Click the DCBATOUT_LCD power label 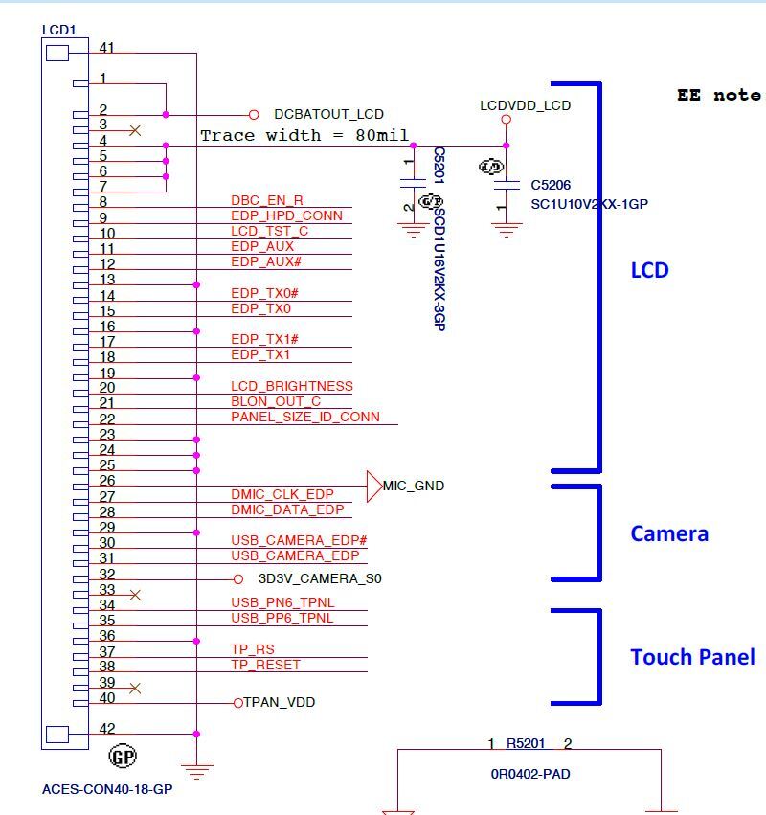pos(328,113)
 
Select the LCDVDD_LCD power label pos(525,105)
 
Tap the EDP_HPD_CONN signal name pos(286,215)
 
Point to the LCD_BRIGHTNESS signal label pos(291,386)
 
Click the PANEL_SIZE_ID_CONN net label pos(304,417)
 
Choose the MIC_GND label pos(414,486)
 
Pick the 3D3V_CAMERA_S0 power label pos(320,578)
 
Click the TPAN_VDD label pos(279,702)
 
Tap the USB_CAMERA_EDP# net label pos(299,541)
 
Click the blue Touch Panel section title pos(691,657)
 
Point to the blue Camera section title pos(669,533)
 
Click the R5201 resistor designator pos(527,743)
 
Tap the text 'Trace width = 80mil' pos(304,136)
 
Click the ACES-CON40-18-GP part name pos(107,790)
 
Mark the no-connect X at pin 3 pos(135,128)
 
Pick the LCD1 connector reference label pos(58,30)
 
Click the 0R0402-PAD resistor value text pos(529,774)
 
